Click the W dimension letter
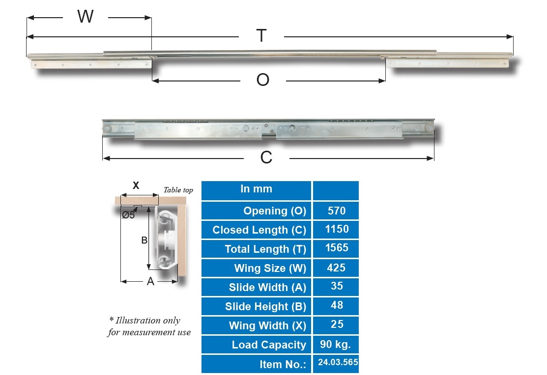point(86,16)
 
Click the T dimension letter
point(261,36)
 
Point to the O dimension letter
point(262,80)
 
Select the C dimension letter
point(266,158)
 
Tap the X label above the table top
point(136,186)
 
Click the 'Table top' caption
point(178,190)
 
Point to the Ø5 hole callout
point(128,215)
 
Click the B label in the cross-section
point(144,240)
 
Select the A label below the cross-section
point(150,281)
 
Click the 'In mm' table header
point(256,189)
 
